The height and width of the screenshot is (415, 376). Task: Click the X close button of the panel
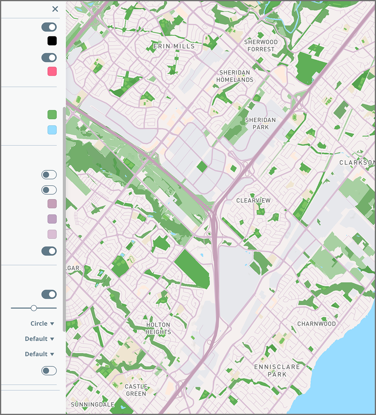pyautogui.click(x=55, y=9)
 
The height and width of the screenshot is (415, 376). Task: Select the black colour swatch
pyautogui.click(x=52, y=41)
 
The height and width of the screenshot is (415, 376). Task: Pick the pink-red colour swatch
pyautogui.click(x=52, y=72)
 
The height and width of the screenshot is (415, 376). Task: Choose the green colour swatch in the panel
pyautogui.click(x=52, y=115)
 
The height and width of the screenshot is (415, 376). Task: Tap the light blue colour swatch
pyautogui.click(x=52, y=130)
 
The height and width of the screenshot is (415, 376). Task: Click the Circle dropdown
pyautogui.click(x=42, y=323)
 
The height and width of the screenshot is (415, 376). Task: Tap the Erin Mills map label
pyautogui.click(x=174, y=46)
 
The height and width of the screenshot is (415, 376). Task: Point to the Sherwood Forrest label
pyautogui.click(x=261, y=45)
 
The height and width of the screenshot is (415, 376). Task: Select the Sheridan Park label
pyautogui.click(x=260, y=123)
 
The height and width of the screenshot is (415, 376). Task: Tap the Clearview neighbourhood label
pyautogui.click(x=253, y=200)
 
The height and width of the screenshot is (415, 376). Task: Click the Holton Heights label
pyautogui.click(x=158, y=328)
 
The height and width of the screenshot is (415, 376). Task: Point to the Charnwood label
pyautogui.click(x=316, y=324)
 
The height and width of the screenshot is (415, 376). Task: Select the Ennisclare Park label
pyautogui.click(x=277, y=370)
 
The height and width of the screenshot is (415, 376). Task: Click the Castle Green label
pyautogui.click(x=136, y=390)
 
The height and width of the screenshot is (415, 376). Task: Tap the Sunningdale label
pyautogui.click(x=93, y=404)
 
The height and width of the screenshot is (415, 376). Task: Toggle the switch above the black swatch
pyautogui.click(x=49, y=27)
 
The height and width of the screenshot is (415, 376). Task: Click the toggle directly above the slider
pyautogui.click(x=49, y=294)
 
